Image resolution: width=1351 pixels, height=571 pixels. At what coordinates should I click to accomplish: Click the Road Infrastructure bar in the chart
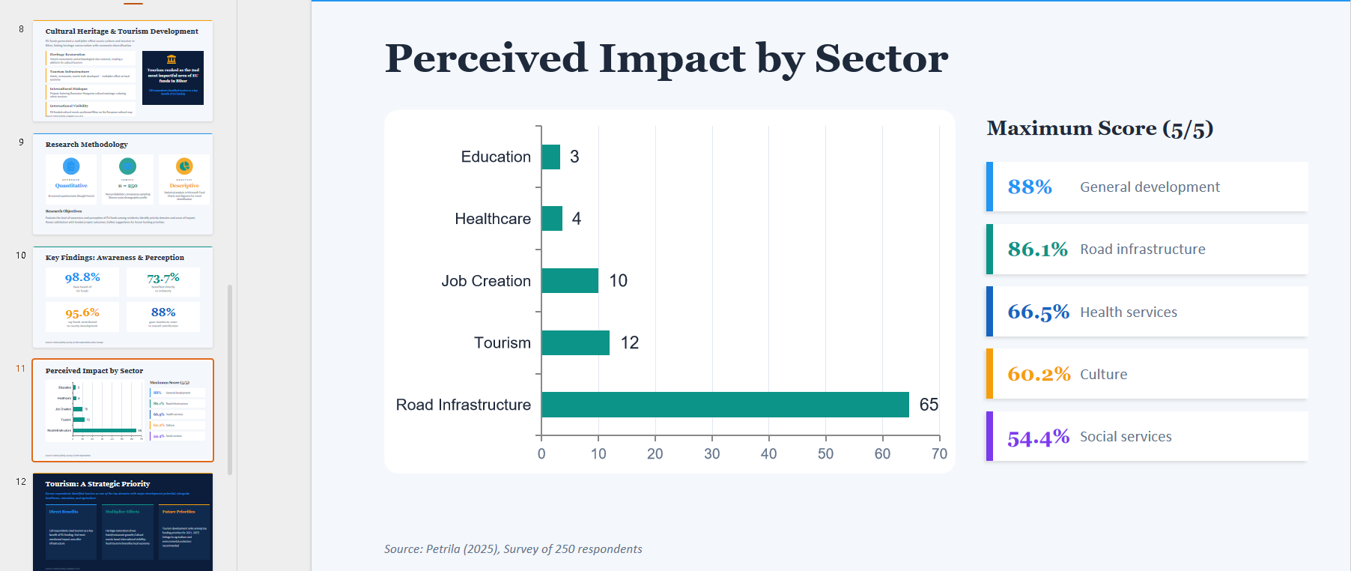click(724, 405)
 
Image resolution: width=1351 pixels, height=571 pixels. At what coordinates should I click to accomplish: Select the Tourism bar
click(575, 342)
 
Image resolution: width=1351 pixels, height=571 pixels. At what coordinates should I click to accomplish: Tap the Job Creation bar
click(569, 280)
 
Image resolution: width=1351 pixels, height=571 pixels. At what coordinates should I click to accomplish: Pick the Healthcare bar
click(552, 219)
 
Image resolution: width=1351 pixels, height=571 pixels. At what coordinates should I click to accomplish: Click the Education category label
click(496, 157)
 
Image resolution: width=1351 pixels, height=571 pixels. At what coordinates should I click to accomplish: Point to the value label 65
click(929, 405)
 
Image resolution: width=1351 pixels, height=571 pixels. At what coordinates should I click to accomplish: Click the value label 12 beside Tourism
click(630, 342)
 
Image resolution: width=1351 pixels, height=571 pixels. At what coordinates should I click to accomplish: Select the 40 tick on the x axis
click(768, 453)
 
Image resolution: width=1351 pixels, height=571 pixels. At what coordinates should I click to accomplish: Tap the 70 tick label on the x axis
click(939, 453)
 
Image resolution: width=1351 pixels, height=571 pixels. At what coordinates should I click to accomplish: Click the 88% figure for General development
click(1030, 187)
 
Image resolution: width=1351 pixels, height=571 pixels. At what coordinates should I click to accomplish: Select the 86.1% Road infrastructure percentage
click(1037, 249)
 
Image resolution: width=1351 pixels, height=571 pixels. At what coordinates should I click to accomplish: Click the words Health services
click(1129, 312)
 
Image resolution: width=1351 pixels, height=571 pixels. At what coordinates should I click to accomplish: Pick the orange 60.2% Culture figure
click(1039, 374)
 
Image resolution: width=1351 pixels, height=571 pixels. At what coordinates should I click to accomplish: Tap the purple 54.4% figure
click(1038, 437)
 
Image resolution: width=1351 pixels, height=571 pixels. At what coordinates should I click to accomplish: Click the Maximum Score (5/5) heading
click(1099, 128)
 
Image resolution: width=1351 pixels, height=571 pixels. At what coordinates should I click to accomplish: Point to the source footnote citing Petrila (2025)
click(513, 549)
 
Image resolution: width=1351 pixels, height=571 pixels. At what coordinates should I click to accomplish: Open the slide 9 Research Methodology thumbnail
click(123, 184)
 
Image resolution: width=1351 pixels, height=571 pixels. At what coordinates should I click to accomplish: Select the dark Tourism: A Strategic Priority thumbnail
click(123, 522)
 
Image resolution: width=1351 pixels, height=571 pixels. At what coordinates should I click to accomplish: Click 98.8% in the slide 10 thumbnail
click(82, 277)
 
